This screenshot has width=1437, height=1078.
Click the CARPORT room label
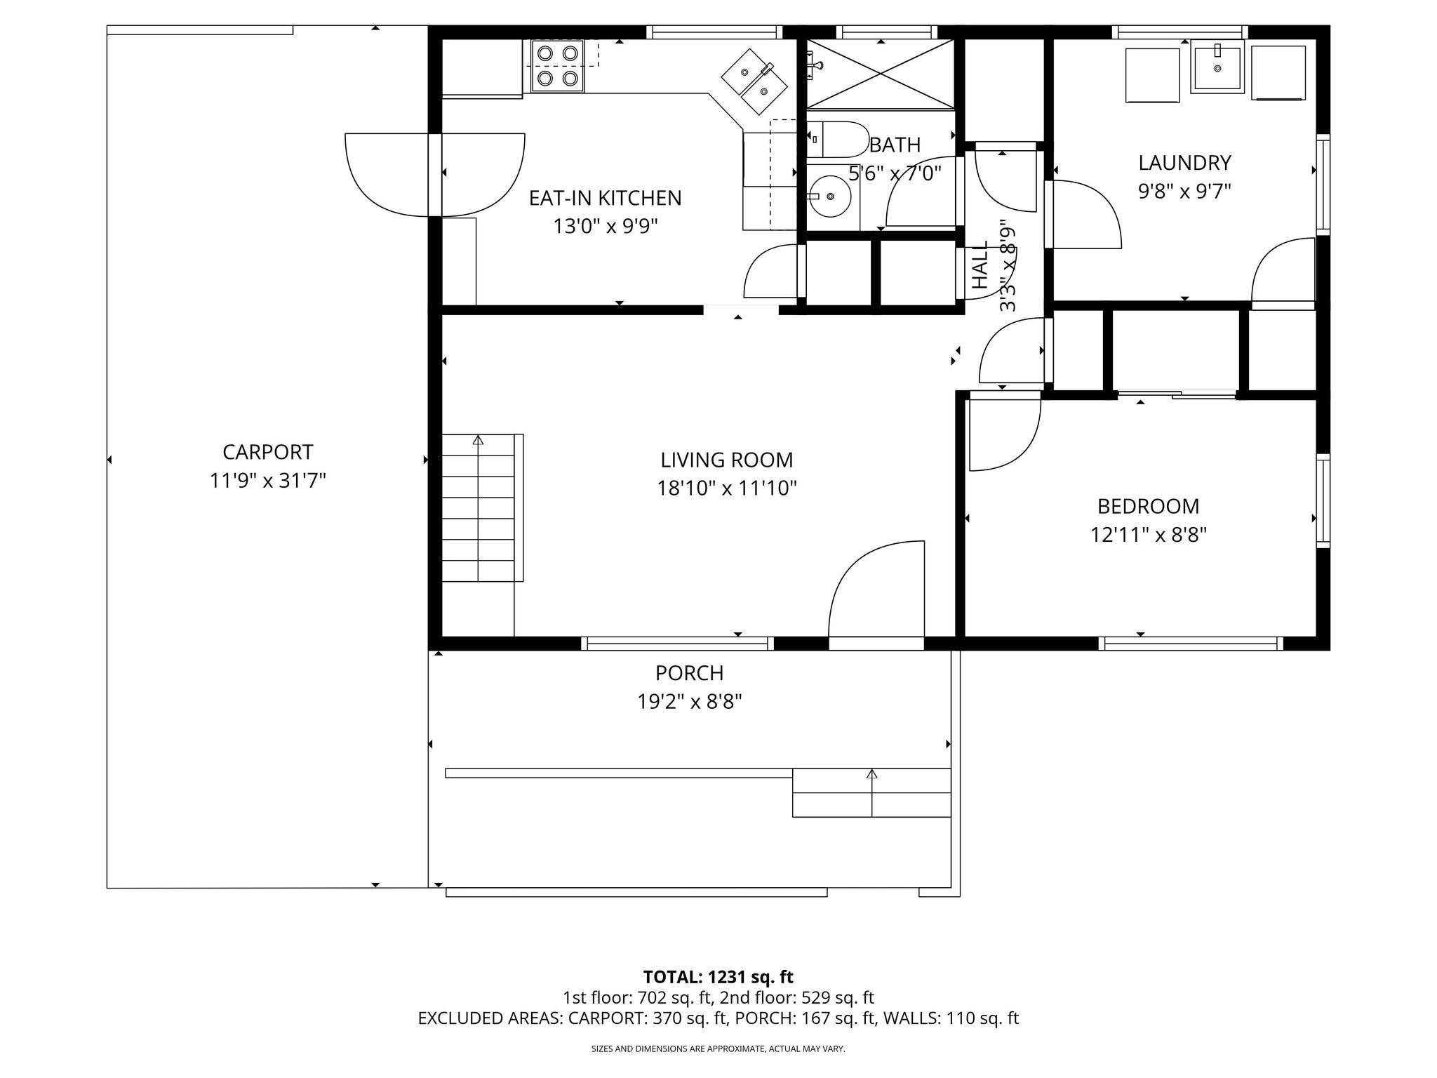(267, 451)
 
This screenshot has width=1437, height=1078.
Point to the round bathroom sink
(831, 197)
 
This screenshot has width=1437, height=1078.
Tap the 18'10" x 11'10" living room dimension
(726, 488)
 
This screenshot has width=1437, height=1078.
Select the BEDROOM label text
(1148, 506)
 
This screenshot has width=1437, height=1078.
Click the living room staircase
(479, 507)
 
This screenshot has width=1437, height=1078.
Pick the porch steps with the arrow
(871, 793)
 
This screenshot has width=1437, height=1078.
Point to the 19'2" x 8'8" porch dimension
(689, 702)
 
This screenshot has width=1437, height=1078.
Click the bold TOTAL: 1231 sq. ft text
(718, 977)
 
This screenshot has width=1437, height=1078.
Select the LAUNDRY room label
(1184, 163)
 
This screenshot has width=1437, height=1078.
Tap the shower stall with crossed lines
(881, 74)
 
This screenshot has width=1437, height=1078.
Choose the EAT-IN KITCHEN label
(605, 198)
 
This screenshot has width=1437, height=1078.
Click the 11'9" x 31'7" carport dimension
(267, 481)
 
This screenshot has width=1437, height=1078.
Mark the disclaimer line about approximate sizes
(718, 1049)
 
